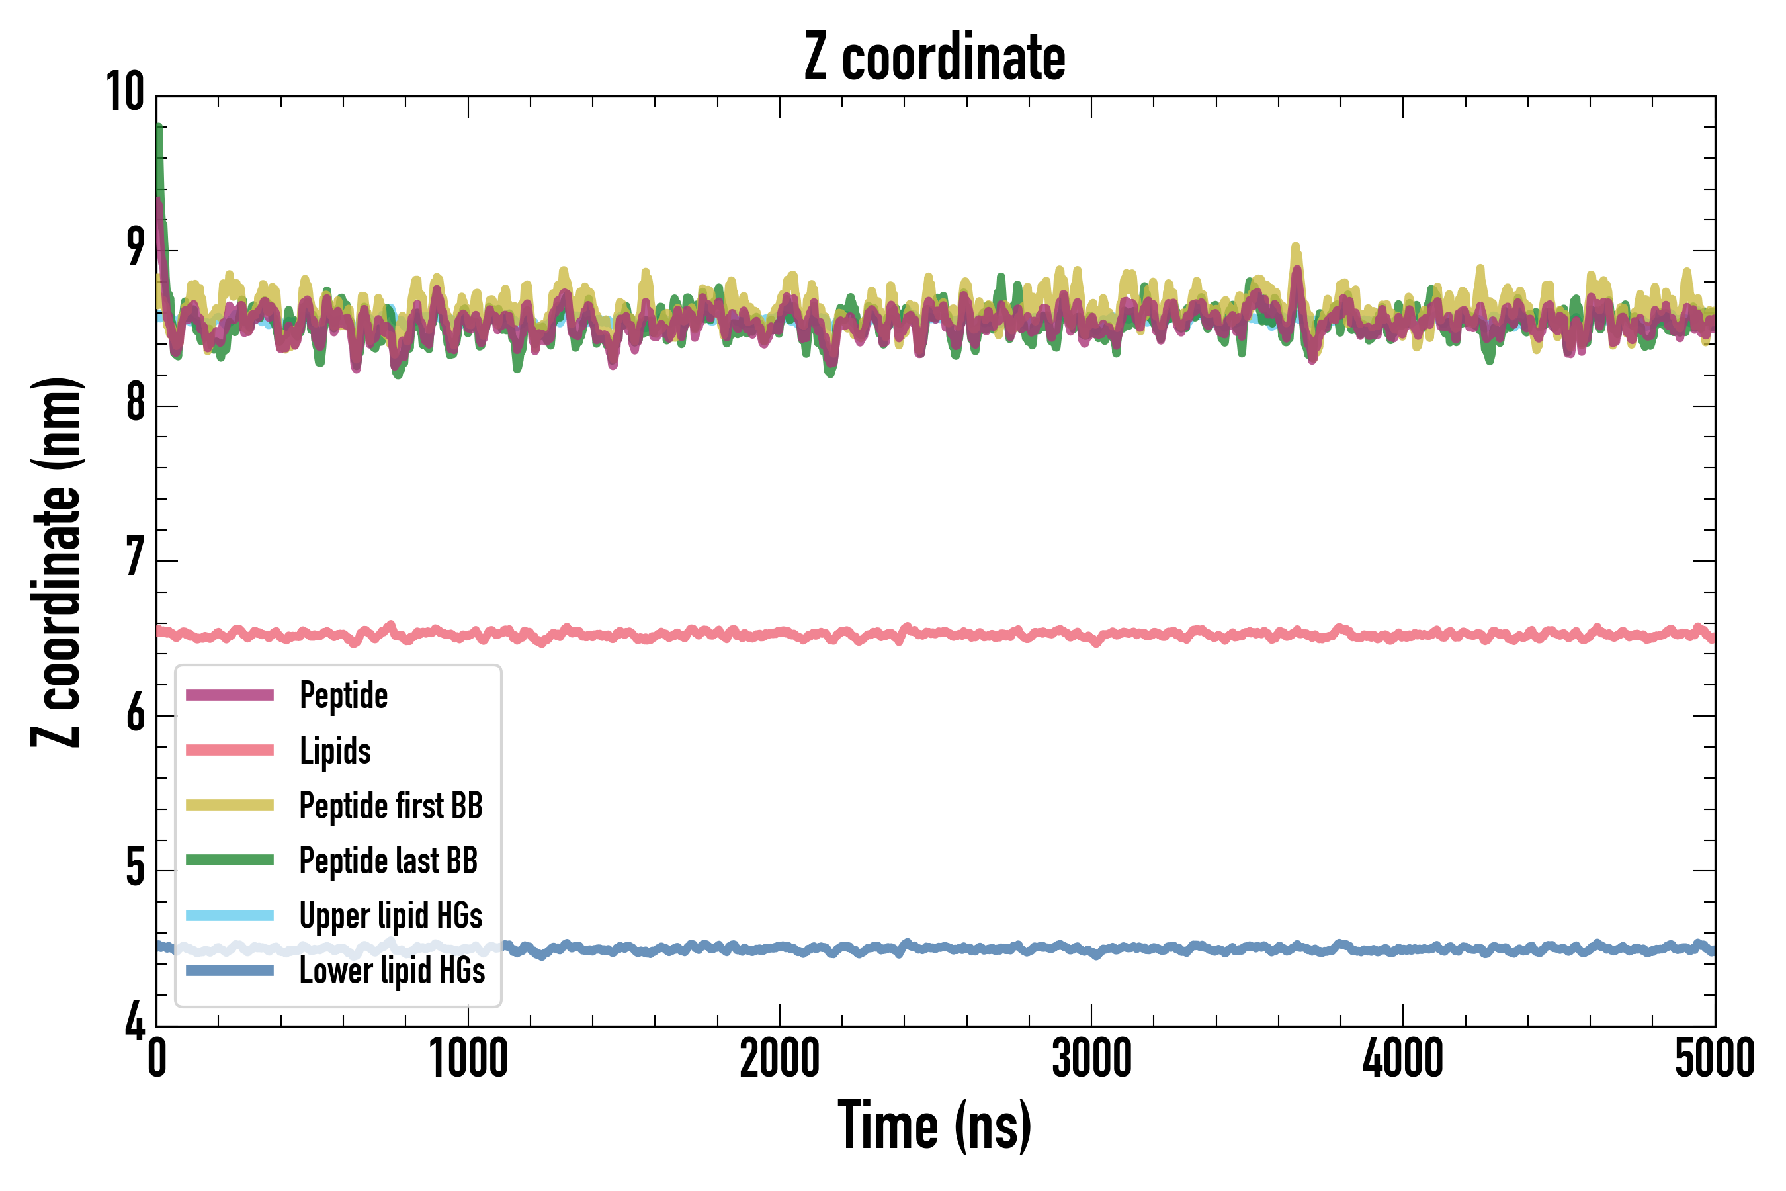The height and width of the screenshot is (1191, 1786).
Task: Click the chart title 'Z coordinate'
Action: click(x=935, y=58)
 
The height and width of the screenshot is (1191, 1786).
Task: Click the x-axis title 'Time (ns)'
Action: click(x=935, y=1125)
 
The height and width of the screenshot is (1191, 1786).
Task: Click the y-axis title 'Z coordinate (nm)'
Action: click(x=56, y=561)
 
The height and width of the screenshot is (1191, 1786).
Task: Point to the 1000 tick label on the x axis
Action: click(x=468, y=1058)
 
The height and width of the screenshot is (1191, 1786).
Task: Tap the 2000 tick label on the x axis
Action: click(x=780, y=1058)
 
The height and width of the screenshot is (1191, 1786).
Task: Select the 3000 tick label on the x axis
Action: click(x=1091, y=1058)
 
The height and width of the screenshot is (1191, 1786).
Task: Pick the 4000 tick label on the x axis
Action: click(x=1402, y=1058)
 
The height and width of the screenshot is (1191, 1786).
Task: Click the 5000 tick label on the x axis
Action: click(x=1715, y=1058)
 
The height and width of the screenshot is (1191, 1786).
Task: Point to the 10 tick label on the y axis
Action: click(x=124, y=93)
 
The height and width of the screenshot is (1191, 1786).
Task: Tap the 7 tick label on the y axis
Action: click(x=135, y=558)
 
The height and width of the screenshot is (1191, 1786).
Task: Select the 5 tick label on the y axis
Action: click(x=135, y=868)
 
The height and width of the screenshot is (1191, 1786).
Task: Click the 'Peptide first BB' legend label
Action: click(x=391, y=806)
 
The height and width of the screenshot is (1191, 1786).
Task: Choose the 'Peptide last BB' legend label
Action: click(x=388, y=861)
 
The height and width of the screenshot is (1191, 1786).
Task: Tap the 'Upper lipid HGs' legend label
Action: click(x=391, y=916)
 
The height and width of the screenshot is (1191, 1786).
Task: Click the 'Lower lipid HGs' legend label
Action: click(x=392, y=971)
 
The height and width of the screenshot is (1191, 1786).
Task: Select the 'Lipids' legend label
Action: click(x=335, y=750)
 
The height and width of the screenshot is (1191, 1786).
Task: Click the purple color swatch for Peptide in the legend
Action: click(x=230, y=695)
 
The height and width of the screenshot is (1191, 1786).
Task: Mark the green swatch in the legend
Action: click(x=230, y=860)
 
